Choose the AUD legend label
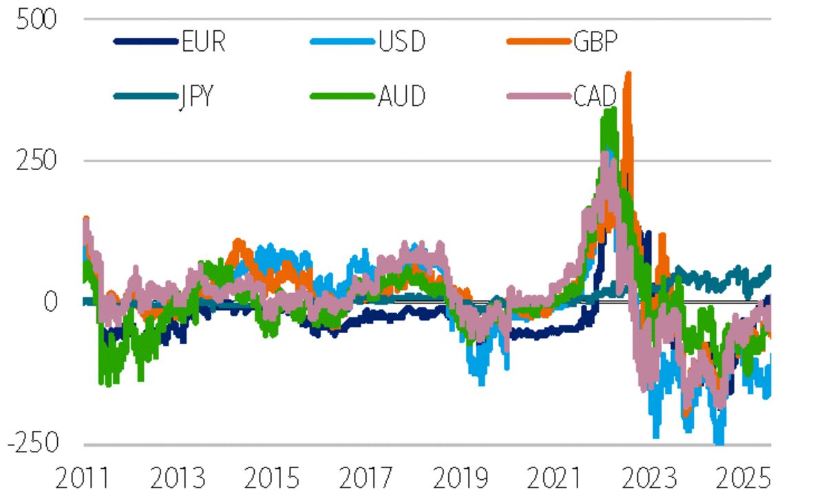(x=401, y=96)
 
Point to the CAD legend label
(x=597, y=96)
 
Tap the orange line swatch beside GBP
(x=536, y=42)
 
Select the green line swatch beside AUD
(x=342, y=96)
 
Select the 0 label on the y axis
(x=50, y=302)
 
